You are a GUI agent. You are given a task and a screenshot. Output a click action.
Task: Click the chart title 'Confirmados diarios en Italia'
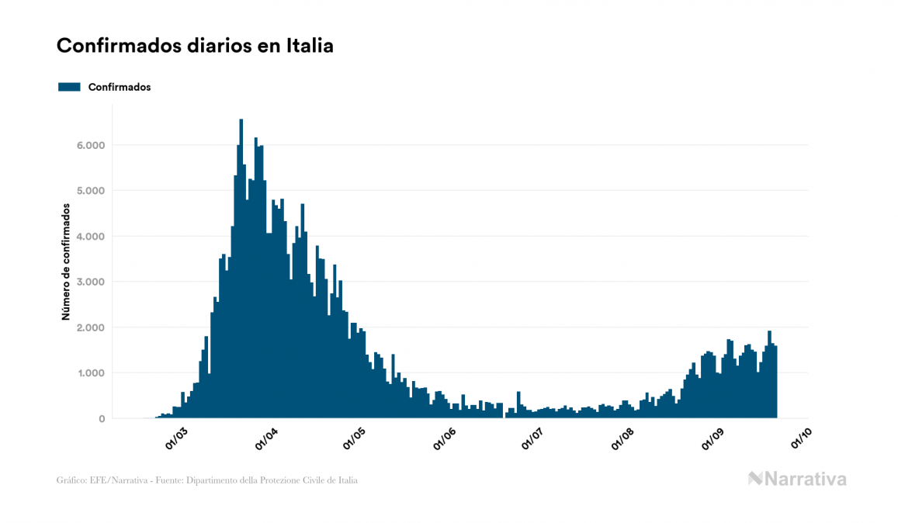(x=195, y=46)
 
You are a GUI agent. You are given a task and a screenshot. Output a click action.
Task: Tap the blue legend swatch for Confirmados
(x=69, y=87)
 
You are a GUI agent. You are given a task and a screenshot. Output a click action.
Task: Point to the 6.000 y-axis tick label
(x=90, y=145)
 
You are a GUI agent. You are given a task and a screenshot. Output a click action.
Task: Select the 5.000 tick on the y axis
(x=90, y=191)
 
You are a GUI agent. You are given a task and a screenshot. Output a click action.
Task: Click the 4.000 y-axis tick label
(x=90, y=237)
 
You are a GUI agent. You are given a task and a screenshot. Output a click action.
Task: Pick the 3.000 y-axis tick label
(x=90, y=282)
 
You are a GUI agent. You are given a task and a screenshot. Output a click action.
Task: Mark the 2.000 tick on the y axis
(x=90, y=327)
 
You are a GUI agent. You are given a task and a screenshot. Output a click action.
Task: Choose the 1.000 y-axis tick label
(x=90, y=373)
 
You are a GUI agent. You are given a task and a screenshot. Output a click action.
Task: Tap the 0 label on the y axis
(x=101, y=419)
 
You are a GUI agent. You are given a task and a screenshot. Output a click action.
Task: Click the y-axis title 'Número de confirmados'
(x=67, y=262)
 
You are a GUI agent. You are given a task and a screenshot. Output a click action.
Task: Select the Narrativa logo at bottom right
(x=797, y=479)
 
